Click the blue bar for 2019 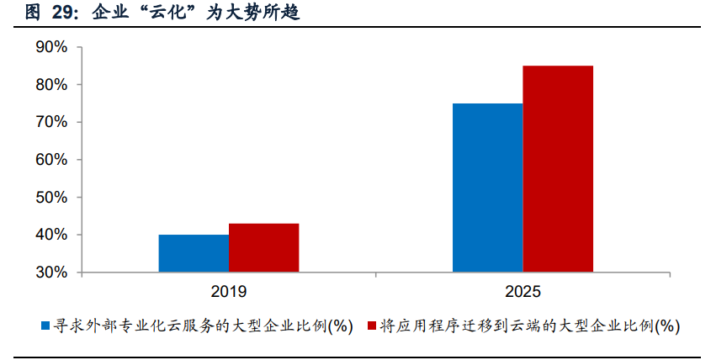(193, 253)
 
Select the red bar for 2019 (263, 247)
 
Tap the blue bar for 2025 (487, 188)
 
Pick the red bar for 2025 (558, 169)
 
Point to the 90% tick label (51, 47)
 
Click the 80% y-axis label (51, 85)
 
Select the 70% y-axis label (51, 122)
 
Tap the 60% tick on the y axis (51, 160)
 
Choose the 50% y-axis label (51, 198)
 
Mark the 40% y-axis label (51, 235)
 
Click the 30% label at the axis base (51, 273)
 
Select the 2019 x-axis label (228, 292)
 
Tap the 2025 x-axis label (523, 292)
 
